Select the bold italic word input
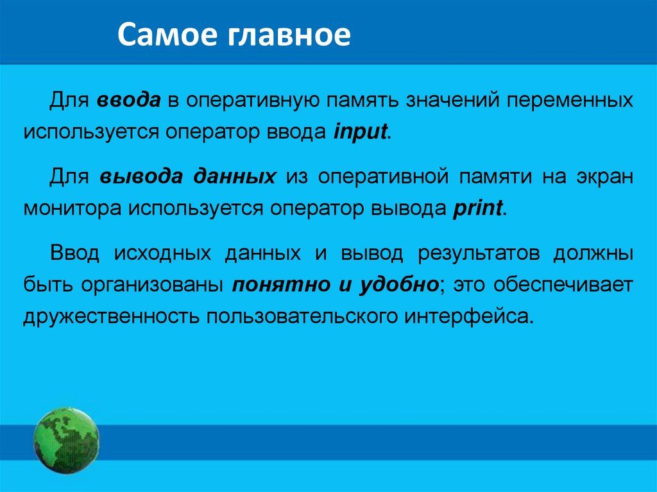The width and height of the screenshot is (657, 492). click(x=361, y=133)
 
